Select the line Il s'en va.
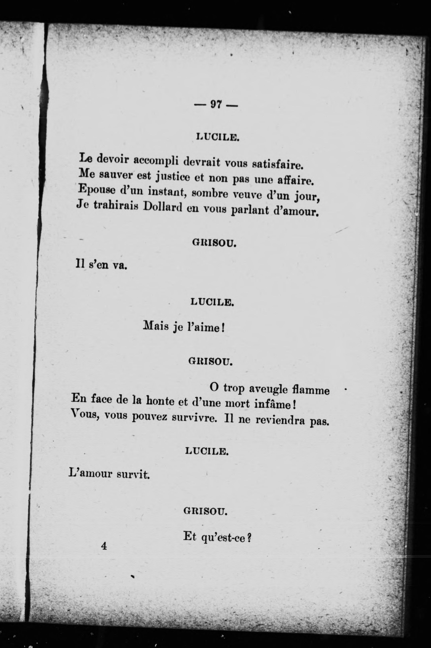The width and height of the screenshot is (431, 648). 101,265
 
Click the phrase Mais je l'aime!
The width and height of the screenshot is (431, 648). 184,327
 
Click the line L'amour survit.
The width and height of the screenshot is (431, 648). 109,474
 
